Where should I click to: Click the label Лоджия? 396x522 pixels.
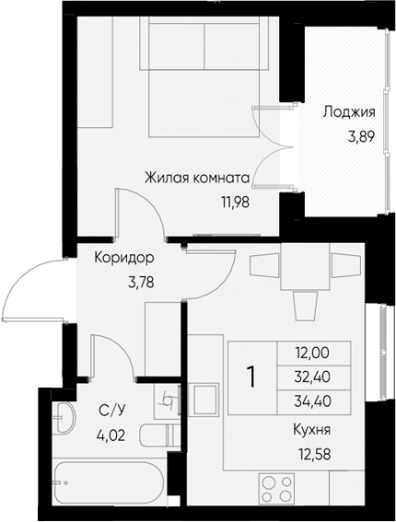tap(348, 113)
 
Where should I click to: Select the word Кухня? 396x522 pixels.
tap(312, 430)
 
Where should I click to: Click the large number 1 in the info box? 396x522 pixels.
tap(250, 376)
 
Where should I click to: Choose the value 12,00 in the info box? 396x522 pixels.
tap(311, 352)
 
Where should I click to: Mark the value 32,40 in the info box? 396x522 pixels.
tap(311, 376)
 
